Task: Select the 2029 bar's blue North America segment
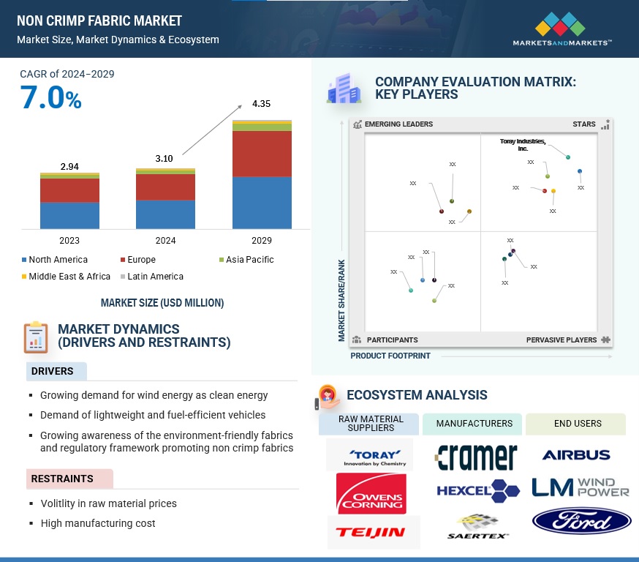pos(262,202)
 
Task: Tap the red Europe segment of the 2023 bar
pos(69,190)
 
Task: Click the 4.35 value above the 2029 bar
pos(262,104)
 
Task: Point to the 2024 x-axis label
pos(165,240)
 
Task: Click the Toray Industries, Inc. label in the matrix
pos(523,145)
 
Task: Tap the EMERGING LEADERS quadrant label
pos(398,124)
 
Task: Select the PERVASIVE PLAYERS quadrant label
pos(562,340)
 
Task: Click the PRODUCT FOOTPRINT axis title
pos(390,356)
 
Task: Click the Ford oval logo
pos(582,521)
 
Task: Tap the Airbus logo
pos(576,455)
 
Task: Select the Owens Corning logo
pos(371,493)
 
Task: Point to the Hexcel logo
pos(478,490)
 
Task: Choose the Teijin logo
pos(371,532)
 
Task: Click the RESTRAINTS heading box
pos(69,479)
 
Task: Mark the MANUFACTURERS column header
pos(474,424)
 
